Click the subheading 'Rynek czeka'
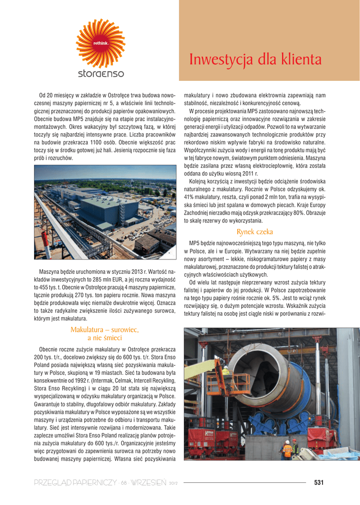click(254, 232)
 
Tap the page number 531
click(319, 483)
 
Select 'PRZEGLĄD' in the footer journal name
click(52, 483)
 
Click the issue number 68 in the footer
click(124, 483)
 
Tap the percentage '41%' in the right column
click(189, 196)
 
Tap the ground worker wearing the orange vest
click(287, 449)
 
